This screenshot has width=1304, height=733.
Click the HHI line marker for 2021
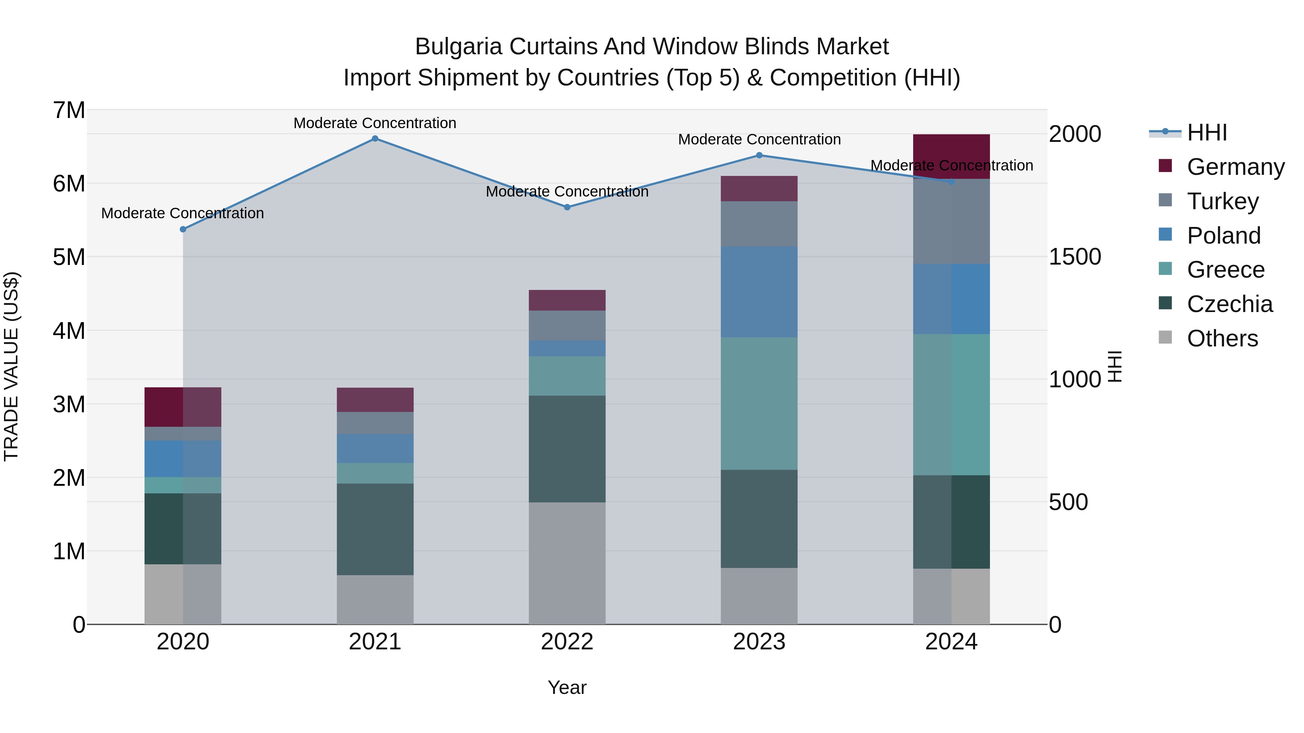[x=375, y=139]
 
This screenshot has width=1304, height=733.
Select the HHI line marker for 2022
[x=567, y=207]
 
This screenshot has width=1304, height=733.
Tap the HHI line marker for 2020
[x=183, y=229]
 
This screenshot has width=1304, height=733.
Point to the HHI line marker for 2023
[x=759, y=155]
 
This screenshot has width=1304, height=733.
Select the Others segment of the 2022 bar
[x=567, y=563]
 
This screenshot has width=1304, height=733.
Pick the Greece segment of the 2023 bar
[x=759, y=403]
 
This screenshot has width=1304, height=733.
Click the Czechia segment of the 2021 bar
[x=375, y=529]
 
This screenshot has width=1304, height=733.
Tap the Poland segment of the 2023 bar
[x=759, y=292]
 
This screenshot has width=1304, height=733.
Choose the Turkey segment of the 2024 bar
[x=951, y=222]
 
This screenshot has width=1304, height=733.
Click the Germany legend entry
[x=1235, y=167]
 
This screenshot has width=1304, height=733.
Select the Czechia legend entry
[x=1229, y=304]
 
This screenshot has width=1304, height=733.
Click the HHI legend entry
[x=1207, y=132]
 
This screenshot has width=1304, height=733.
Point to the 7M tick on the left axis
[x=69, y=110]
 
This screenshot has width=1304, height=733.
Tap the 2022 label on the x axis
[x=567, y=642]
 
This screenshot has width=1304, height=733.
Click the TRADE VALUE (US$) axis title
[x=11, y=366]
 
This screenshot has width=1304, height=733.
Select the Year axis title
[x=567, y=687]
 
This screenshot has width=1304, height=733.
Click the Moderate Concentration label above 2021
[x=375, y=123]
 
